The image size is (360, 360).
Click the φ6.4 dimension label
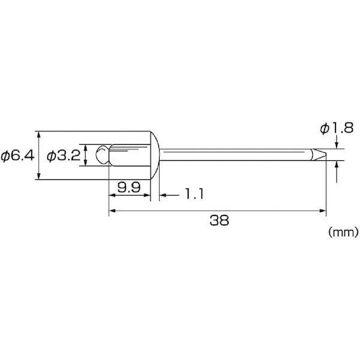pyautogui.click(x=17, y=156)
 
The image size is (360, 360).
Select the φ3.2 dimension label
pyautogui.click(x=64, y=156)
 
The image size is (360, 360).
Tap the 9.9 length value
pyautogui.click(x=129, y=188)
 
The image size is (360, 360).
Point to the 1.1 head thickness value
pyautogui.click(x=194, y=194)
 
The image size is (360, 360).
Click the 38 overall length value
pyautogui.click(x=219, y=220)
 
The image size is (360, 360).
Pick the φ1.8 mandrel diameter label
pyautogui.click(x=337, y=128)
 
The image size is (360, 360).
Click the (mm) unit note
pyautogui.click(x=343, y=232)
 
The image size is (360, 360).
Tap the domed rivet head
pyautogui.click(x=155, y=155)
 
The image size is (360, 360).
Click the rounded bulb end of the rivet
pyautogui.click(x=103, y=155)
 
